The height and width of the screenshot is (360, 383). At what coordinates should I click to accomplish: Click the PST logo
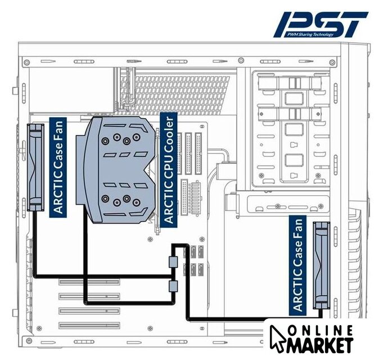pos(321,24)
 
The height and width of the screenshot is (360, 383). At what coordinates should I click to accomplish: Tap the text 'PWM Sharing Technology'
pos(310,34)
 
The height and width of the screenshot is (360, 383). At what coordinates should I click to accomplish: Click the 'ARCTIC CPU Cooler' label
pos(169,170)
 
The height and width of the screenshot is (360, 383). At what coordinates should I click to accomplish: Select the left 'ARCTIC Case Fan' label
pos(58,167)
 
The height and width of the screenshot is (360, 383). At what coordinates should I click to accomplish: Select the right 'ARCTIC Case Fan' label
pos(298,265)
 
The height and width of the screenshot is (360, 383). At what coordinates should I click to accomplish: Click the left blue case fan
pos(35,167)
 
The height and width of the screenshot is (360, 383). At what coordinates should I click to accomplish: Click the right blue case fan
pos(322,265)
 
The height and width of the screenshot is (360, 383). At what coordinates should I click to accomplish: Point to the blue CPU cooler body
pos(116,169)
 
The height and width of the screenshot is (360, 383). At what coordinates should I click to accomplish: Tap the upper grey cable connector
pos(173,262)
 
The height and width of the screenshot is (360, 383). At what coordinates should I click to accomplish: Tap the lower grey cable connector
pos(173,286)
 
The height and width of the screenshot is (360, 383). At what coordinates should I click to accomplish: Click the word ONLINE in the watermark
pos(320,331)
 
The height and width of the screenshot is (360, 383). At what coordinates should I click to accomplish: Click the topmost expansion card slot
pos(89,282)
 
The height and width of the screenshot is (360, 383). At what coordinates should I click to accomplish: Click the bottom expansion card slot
pos(89,326)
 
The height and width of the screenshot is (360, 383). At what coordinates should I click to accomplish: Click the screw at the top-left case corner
pos(27,62)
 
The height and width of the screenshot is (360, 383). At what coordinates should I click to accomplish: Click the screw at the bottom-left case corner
pos(29,340)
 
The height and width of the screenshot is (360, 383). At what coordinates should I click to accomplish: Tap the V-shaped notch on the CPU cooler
pos(150,169)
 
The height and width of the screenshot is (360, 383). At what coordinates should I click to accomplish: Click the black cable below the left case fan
pos(35,244)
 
